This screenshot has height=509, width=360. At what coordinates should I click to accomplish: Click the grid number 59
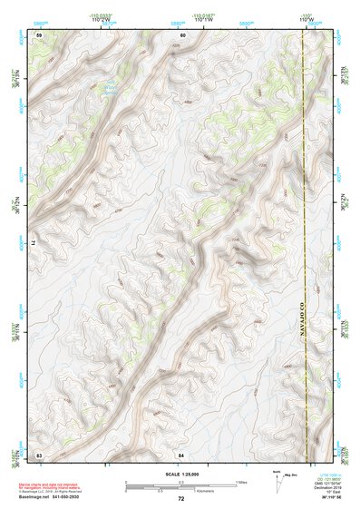pos(39,34)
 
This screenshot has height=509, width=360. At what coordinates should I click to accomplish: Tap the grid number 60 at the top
pos(182,34)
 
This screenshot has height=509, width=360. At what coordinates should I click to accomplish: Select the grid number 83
pos(39,453)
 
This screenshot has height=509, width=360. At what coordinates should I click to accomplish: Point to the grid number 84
pos(182,453)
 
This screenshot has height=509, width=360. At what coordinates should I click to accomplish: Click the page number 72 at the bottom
pos(180,499)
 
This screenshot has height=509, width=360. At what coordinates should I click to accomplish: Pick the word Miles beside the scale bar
pos(242,481)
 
